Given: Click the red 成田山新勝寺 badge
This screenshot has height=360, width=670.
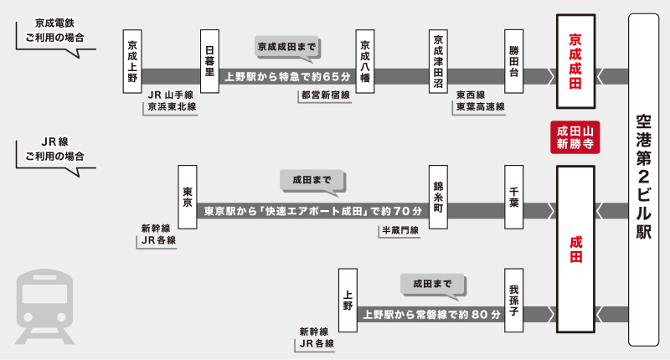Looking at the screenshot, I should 575,137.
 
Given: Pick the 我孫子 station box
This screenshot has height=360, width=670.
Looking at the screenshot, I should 514,301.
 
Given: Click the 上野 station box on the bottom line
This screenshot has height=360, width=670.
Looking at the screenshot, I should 348,301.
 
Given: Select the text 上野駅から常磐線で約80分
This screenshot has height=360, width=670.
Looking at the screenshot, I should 431,316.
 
